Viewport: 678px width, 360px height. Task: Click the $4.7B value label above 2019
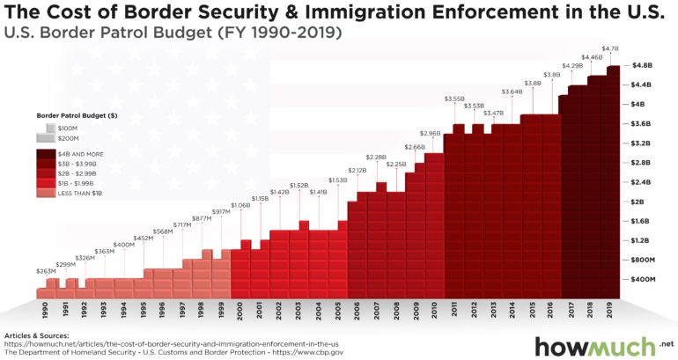(610, 48)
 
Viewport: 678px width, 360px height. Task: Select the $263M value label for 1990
(45, 272)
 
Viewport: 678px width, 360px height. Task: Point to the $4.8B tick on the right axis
(642, 65)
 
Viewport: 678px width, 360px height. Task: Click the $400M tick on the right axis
(641, 279)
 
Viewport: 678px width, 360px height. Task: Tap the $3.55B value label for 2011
(454, 99)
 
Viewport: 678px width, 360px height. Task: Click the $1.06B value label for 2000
(240, 205)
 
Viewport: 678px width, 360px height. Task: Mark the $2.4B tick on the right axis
(642, 182)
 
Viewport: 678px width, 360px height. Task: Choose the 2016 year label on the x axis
(552, 310)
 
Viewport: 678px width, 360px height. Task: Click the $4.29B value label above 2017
(571, 66)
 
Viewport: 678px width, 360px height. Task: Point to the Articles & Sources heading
(38, 335)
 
